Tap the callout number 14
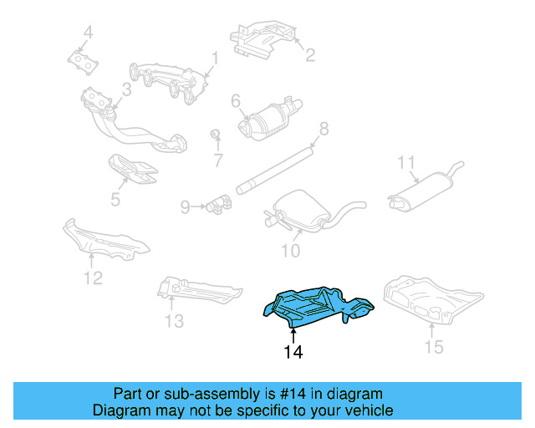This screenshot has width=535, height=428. point(293,352)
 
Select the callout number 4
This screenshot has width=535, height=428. point(88,33)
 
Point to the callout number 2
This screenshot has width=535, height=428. point(309,57)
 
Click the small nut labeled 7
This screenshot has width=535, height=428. point(215,135)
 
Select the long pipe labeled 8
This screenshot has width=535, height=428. point(276,168)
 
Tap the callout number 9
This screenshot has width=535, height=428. point(186,206)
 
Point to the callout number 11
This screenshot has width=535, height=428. point(406,161)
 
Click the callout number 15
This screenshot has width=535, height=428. point(432,346)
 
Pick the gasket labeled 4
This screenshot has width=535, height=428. point(82,60)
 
